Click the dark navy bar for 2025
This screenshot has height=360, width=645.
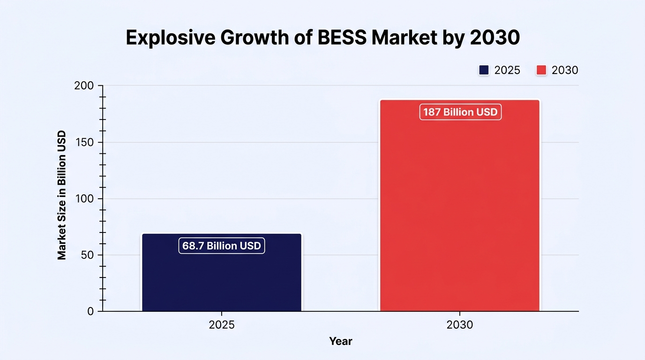222,272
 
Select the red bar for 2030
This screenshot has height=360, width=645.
460,205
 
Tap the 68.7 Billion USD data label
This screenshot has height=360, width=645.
222,246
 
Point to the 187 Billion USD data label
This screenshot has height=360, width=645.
460,112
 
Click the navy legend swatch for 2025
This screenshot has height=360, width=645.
484,70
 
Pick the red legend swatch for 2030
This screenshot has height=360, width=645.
541,70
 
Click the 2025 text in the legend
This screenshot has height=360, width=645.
507,70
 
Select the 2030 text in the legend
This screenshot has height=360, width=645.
565,70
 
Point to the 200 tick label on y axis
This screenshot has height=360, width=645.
84,85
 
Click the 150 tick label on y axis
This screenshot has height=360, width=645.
84,142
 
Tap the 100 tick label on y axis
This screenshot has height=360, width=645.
84,199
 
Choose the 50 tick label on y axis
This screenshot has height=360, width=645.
87,255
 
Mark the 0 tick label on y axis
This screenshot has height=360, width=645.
91,311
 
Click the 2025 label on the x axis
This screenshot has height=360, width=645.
222,325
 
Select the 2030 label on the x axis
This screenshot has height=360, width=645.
460,325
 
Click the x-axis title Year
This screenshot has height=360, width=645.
341,341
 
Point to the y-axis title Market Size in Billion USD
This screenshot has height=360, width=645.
61,195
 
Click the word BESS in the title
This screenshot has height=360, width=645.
342,37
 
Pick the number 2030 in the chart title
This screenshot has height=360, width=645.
495,37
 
